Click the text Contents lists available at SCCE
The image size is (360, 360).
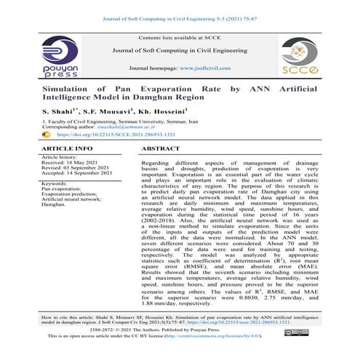point(179,36)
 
